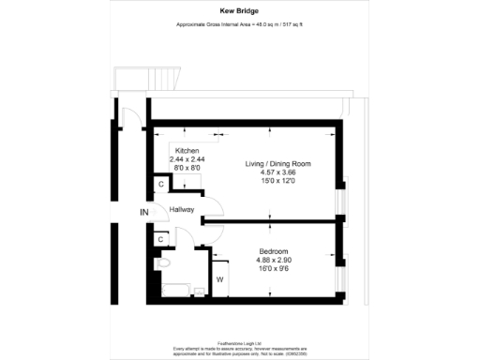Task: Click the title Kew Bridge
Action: [x=239, y=12]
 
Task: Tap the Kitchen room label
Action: [x=187, y=151]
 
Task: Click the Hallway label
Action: [x=181, y=210]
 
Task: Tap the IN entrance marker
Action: [x=144, y=213]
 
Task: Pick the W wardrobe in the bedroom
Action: [x=219, y=279]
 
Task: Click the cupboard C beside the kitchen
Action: [x=161, y=185]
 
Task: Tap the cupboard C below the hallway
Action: [x=161, y=240]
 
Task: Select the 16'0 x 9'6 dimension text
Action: [x=274, y=267]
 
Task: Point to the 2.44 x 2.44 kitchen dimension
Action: [x=187, y=159]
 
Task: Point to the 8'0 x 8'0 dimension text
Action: [x=187, y=168]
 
